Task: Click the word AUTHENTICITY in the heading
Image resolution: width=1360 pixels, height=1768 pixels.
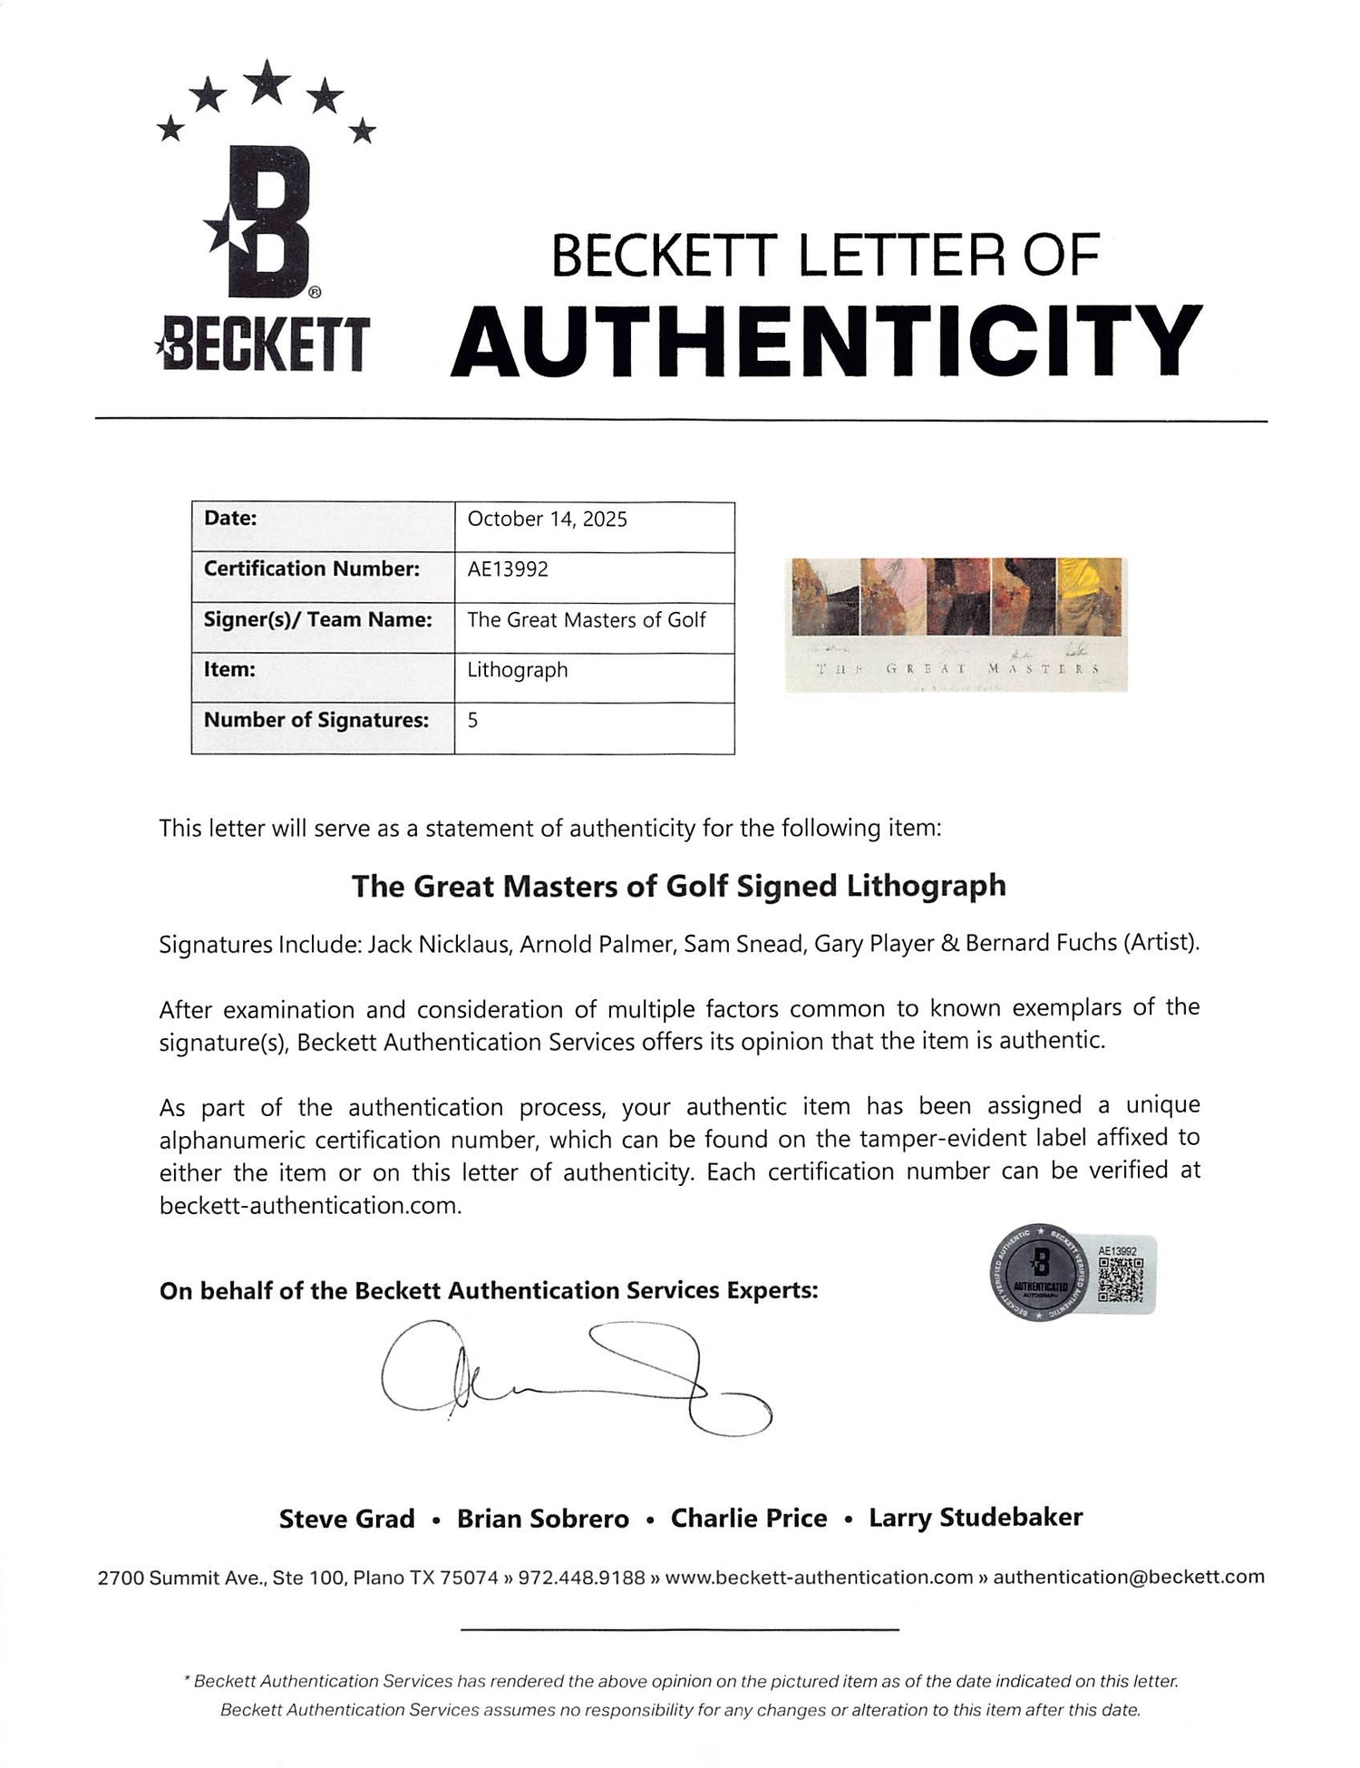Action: click(x=826, y=343)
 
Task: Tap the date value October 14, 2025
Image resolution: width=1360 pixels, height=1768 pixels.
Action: click(x=547, y=520)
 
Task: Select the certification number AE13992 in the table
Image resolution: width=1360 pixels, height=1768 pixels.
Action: click(x=508, y=569)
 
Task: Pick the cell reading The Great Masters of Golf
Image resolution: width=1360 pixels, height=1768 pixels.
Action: click(x=586, y=620)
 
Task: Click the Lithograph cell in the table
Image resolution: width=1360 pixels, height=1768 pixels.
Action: click(x=518, y=670)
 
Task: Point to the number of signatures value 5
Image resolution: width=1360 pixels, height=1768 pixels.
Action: click(x=472, y=721)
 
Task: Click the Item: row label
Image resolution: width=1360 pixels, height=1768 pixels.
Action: click(x=229, y=670)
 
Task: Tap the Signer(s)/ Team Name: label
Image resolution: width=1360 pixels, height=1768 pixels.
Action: click(x=317, y=620)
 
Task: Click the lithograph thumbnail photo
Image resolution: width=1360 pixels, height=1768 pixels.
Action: click(x=957, y=624)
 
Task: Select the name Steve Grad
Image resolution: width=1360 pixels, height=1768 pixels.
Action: click(x=346, y=1519)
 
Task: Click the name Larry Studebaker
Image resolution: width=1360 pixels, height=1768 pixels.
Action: click(x=976, y=1518)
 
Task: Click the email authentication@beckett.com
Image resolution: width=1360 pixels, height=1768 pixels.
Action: click(x=1129, y=1577)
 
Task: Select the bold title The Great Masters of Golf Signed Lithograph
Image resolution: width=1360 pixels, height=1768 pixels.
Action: click(x=679, y=886)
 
